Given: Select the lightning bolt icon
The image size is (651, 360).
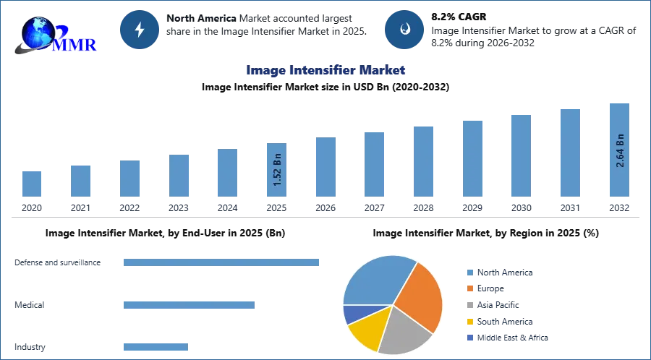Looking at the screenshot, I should click(x=140, y=30).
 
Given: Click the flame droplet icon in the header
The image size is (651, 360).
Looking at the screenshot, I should click(x=404, y=30).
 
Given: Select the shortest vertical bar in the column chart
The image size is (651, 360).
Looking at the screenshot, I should click(x=32, y=182).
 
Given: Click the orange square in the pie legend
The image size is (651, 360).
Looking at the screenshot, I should click(x=469, y=288).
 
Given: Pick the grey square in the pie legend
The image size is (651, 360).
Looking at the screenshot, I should click(x=469, y=305).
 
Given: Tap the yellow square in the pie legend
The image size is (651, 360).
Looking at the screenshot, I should click(x=469, y=322).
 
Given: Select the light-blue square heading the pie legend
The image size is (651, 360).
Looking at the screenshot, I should click(x=469, y=272).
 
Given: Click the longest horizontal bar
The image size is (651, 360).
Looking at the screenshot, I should click(x=222, y=261).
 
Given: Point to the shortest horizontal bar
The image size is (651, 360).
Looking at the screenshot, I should click(x=156, y=347).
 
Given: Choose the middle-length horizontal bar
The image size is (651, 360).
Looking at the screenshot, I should click(x=187, y=306).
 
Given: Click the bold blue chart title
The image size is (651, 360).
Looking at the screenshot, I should click(x=326, y=70).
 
